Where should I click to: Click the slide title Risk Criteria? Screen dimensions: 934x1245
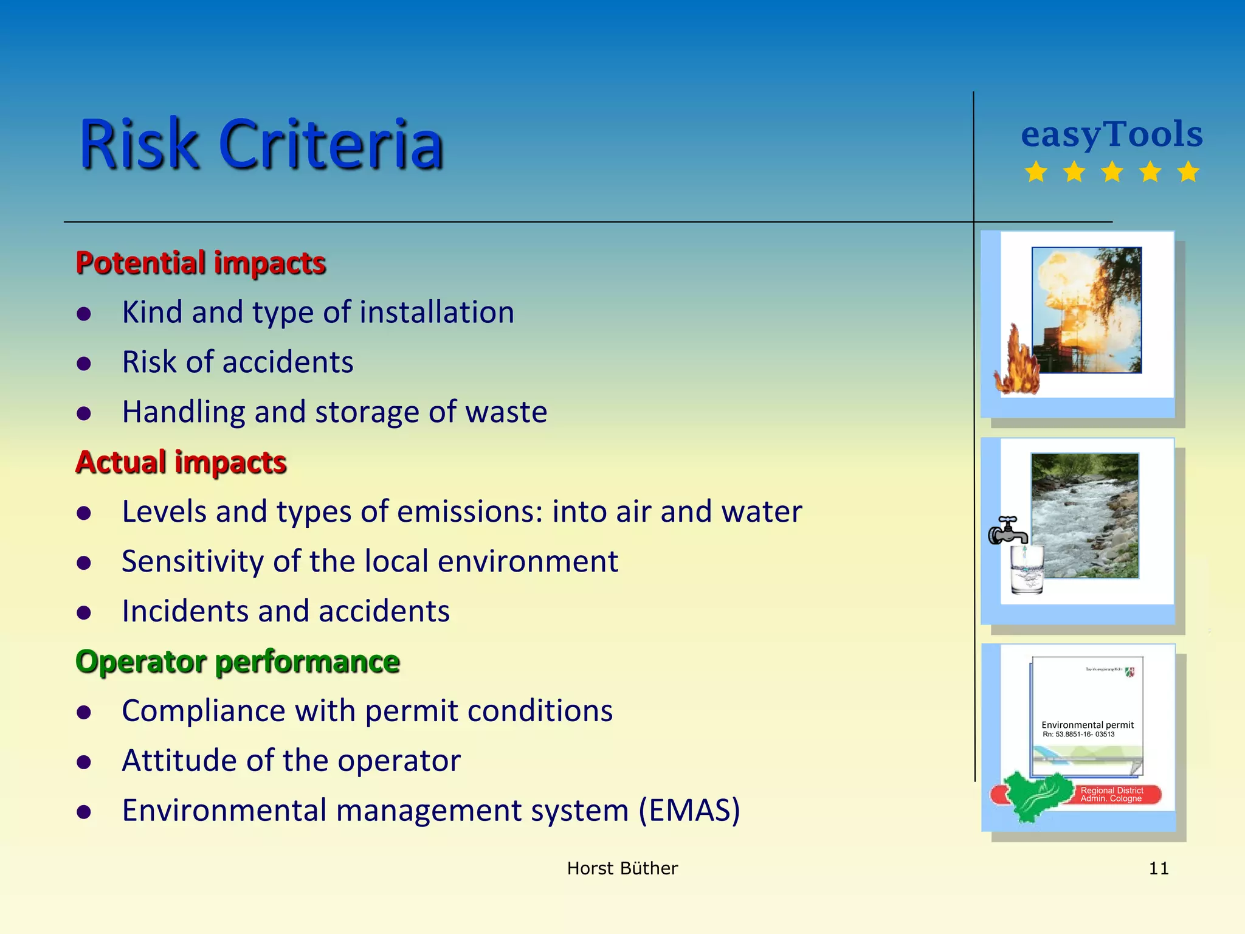[x=261, y=145]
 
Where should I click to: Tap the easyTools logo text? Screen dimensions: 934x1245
[x=1111, y=135]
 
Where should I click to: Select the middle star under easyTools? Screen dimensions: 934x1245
[x=1112, y=172]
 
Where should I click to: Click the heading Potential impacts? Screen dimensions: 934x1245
[x=201, y=263]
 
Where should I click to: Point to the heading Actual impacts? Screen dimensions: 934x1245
[x=181, y=462]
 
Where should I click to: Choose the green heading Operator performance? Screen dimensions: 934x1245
[x=237, y=662]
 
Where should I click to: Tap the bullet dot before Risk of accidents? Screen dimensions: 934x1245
[x=84, y=364]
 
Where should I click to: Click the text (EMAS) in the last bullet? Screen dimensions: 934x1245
[x=689, y=811]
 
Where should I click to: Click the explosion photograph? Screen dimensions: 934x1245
[x=1086, y=310]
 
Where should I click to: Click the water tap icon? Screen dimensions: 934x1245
[x=1007, y=531]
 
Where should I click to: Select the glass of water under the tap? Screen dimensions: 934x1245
[x=1027, y=570]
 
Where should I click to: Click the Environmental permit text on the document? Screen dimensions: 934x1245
[x=1087, y=725]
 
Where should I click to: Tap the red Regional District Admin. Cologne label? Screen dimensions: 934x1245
[x=1111, y=795]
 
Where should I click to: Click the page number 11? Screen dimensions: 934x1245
[x=1158, y=868]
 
